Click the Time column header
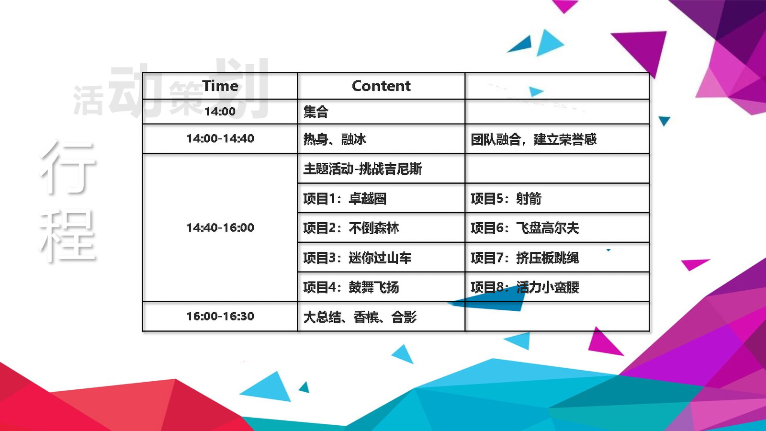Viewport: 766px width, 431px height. point(220,86)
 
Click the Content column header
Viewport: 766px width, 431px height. point(381,86)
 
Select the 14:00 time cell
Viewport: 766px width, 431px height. point(220,112)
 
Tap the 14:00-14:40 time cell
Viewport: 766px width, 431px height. point(220,138)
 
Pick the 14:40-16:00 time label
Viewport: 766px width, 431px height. point(220,228)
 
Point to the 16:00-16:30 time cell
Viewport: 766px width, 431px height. point(220,317)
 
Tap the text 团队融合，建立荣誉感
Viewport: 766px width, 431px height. point(533,139)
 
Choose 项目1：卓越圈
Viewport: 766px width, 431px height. point(345,199)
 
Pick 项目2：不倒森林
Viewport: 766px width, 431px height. point(351,228)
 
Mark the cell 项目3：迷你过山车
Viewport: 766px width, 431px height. point(357,258)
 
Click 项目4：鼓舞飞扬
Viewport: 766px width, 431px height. point(351,287)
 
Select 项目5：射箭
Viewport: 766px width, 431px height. point(506,199)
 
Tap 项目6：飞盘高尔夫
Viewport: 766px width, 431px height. point(525,228)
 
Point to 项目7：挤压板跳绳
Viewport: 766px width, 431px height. point(525,258)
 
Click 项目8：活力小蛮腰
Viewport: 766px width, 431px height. point(525,287)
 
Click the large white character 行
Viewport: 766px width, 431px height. point(67,167)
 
